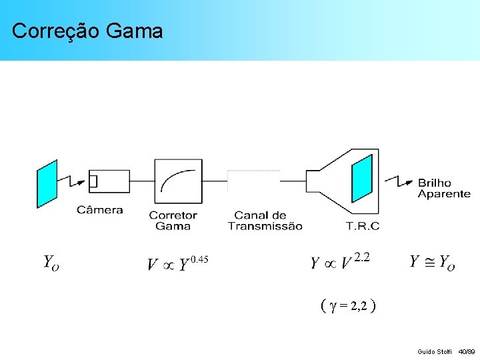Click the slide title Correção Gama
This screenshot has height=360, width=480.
[87, 31]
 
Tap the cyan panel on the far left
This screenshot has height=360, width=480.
[47, 183]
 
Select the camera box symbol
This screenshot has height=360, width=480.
[109, 181]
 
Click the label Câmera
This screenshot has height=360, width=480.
[100, 210]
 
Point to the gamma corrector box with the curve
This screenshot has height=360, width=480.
[178, 181]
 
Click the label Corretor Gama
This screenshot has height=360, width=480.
[173, 221]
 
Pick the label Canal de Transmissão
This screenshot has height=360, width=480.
[265, 221]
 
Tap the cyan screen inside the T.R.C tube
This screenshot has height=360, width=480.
[362, 179]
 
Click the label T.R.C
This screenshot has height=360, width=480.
[363, 226]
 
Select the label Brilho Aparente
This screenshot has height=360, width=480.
[443, 188]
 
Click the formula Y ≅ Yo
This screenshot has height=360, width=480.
[432, 262]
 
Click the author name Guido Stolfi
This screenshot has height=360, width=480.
[434, 351]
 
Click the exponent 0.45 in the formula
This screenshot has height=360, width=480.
[200, 259]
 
